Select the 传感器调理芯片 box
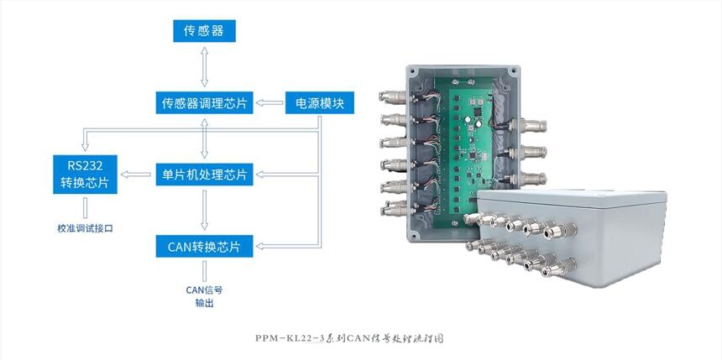(x=205, y=103)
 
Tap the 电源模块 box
(x=320, y=103)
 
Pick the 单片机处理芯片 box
(x=205, y=175)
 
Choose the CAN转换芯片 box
(x=205, y=247)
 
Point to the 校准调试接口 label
(x=86, y=228)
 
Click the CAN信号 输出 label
(x=204, y=296)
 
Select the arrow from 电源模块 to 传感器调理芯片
(x=270, y=103)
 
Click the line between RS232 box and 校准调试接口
(x=86, y=207)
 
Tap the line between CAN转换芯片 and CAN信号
(x=205, y=270)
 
